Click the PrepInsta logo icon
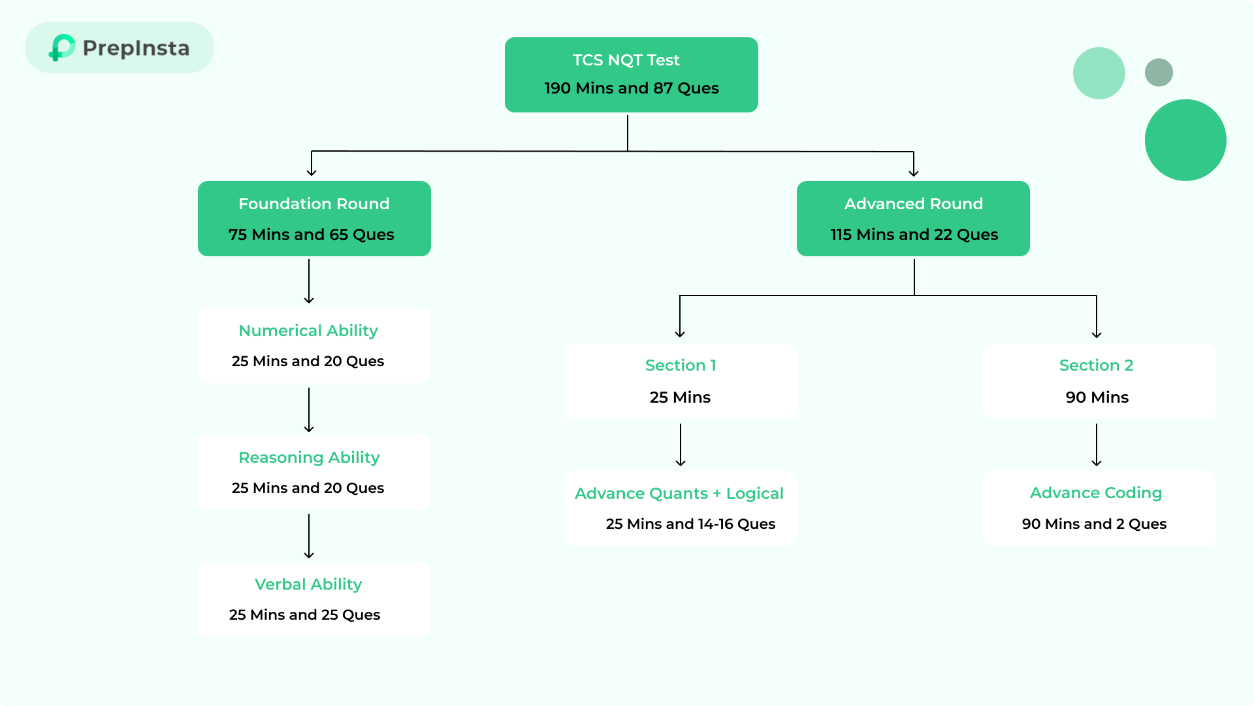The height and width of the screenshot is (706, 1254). pos(62,48)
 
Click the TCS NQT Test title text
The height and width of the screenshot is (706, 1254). pos(626,60)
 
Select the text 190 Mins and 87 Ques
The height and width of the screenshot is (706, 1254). pos(631,88)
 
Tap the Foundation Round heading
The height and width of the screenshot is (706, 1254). pos(313,204)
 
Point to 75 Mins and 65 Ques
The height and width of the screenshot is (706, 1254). pos(311,235)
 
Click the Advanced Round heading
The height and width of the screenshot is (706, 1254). pos(913,204)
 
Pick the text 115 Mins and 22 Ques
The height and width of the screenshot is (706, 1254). pos(914,235)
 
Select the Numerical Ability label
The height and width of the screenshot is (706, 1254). pos(308,331)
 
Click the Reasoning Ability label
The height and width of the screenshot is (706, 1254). pos(308,458)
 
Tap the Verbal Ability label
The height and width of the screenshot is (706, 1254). pos(308,584)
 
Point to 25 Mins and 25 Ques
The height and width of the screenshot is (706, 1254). pos(304,615)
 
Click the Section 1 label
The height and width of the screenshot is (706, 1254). pos(680,365)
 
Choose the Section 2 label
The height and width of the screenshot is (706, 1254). pos(1096,365)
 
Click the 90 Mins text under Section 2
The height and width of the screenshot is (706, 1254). pos(1097,397)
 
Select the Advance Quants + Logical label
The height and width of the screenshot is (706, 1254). pos(679,494)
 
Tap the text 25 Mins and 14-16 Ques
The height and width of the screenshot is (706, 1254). pos(690,524)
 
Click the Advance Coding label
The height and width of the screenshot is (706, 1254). pos(1095,493)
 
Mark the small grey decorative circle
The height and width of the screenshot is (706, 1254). pos(1159,73)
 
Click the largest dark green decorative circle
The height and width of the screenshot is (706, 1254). pos(1185,140)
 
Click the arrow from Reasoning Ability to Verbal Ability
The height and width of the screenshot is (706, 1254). pos(309,536)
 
